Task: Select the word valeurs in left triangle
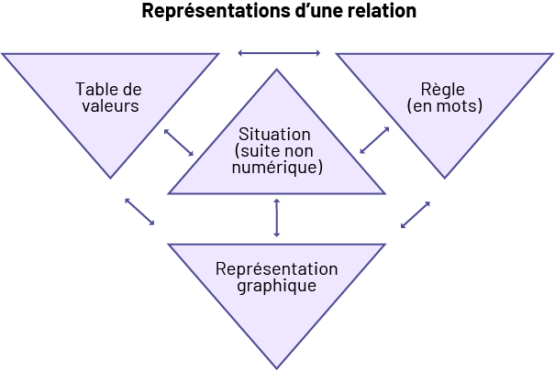108,106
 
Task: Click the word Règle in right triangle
444,90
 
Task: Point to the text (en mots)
444,106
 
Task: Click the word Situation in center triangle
275,135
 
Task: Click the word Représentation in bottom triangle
276,269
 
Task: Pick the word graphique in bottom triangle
276,286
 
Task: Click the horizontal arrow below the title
279,53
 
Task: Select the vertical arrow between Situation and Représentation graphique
276,218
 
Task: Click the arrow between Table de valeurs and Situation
179,142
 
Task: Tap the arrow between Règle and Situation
374,140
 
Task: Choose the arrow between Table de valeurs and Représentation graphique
139,211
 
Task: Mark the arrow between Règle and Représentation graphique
416,214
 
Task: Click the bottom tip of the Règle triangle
446,177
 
